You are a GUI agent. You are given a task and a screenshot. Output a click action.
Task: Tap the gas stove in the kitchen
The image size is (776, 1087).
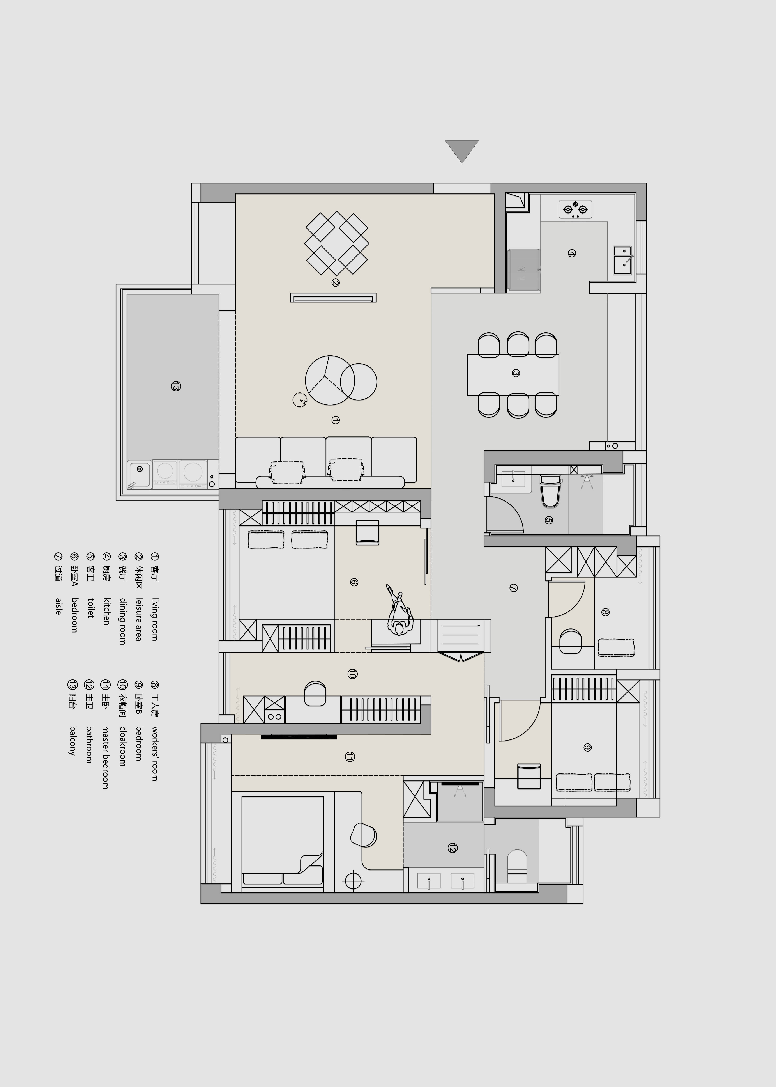575,209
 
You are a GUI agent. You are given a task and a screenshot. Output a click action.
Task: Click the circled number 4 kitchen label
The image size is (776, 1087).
571,253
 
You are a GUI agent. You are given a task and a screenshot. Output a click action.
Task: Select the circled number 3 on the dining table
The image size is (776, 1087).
516,373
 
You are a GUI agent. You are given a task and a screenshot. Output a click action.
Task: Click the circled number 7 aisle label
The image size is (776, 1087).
513,588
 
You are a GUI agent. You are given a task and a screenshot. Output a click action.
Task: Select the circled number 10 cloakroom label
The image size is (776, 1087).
352,674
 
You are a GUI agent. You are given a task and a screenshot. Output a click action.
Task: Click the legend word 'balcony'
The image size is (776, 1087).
73,740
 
